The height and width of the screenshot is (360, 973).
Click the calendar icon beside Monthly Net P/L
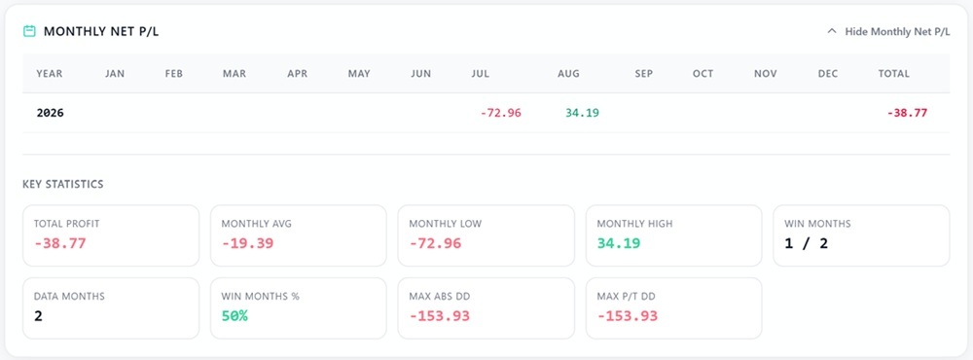click(29, 31)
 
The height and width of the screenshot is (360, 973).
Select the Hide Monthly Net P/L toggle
click(888, 32)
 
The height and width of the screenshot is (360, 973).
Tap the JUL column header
click(481, 73)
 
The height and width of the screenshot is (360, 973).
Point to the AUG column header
click(568, 73)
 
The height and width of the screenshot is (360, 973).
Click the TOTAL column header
click(893, 73)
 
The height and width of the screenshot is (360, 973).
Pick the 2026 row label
click(51, 113)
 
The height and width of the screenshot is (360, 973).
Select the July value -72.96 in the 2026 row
click(501, 113)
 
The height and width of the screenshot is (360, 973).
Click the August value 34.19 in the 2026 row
click(582, 113)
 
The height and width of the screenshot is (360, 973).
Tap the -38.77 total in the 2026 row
click(907, 113)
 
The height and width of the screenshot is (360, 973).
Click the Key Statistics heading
click(62, 184)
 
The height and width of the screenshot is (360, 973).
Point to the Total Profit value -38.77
click(60, 242)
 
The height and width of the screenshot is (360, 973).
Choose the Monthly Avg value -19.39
click(247, 242)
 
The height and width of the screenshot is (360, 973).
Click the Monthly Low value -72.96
click(436, 242)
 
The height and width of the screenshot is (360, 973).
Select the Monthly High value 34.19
click(619, 242)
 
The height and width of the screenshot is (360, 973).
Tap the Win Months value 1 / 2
click(806, 242)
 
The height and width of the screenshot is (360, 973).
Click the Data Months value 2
click(39, 316)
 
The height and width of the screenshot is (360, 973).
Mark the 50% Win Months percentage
click(234, 316)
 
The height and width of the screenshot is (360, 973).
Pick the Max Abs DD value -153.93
click(440, 316)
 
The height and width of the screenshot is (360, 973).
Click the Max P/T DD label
click(626, 297)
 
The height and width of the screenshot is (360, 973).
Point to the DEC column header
click(828, 73)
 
